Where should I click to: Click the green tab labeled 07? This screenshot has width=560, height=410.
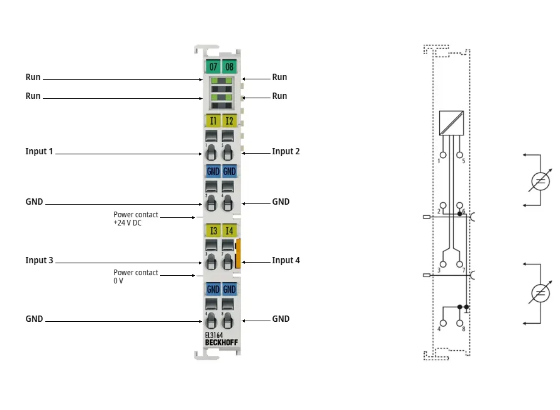pyautogui.click(x=213, y=67)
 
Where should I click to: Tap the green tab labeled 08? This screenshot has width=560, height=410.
pyautogui.click(x=229, y=67)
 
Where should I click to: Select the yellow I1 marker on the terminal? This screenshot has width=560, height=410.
pyautogui.click(x=213, y=121)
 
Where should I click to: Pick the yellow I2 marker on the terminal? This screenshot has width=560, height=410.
pyautogui.click(x=229, y=121)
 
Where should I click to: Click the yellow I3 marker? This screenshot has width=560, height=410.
pyautogui.click(x=213, y=231)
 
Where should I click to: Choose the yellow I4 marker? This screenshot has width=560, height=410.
pyautogui.click(x=229, y=231)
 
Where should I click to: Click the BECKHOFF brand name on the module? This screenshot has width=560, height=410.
pyautogui.click(x=221, y=343)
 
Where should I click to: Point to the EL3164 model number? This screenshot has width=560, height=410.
pyautogui.click(x=213, y=335)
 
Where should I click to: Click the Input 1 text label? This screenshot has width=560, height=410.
pyautogui.click(x=39, y=152)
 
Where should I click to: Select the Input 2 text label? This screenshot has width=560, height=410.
pyautogui.click(x=286, y=152)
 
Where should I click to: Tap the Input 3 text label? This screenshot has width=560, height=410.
pyautogui.click(x=39, y=260)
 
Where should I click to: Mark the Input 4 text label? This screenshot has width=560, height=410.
pyautogui.click(x=286, y=260)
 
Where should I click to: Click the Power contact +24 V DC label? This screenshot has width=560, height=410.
pyautogui.click(x=136, y=219)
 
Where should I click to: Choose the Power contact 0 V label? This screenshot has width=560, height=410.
pyautogui.click(x=136, y=276)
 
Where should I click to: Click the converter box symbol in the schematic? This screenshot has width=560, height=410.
pyautogui.click(x=451, y=123)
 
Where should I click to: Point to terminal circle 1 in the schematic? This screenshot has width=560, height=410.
pyautogui.click(x=443, y=155)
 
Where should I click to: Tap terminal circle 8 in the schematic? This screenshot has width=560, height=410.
pyautogui.click(x=460, y=323)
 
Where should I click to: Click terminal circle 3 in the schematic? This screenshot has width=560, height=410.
pyautogui.click(x=443, y=264)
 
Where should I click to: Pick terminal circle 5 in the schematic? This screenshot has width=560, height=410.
pyautogui.click(x=460, y=155)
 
